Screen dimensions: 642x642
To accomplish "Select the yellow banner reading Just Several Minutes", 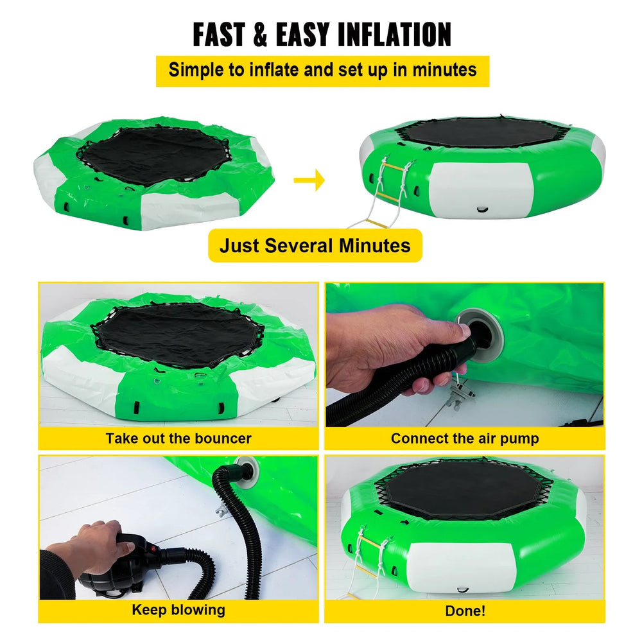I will [315, 245].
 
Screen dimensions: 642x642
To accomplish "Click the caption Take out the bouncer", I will [178, 439].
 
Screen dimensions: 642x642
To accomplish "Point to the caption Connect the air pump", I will [465, 439].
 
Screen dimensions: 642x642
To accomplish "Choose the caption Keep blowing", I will [178, 609].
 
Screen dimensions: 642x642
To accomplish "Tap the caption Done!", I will [465, 611].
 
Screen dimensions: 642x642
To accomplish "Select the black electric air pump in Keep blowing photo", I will [112, 568].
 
